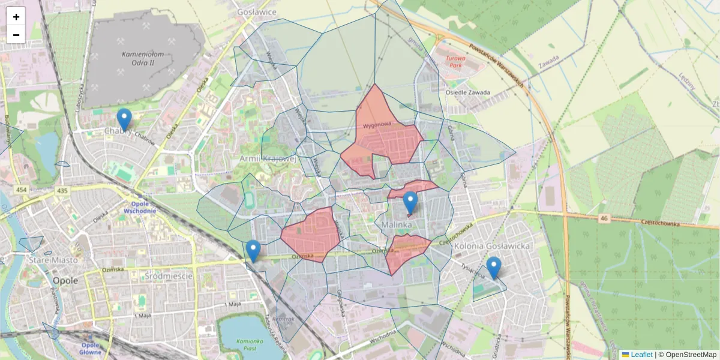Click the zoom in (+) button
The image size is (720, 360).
tap(16, 17)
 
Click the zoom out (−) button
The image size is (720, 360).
tap(16, 35)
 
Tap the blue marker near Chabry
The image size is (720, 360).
tap(124, 120)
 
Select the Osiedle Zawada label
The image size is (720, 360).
tap(468, 92)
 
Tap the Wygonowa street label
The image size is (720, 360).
tap(377, 125)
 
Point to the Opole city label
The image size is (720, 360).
tap(66, 280)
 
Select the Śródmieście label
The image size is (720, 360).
tap(169, 276)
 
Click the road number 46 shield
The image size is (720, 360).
tap(604, 218)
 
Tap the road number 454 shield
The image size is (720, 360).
tap(22, 190)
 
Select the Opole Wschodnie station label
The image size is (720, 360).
tap(139, 207)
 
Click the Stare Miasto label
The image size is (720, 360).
tap(53, 260)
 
